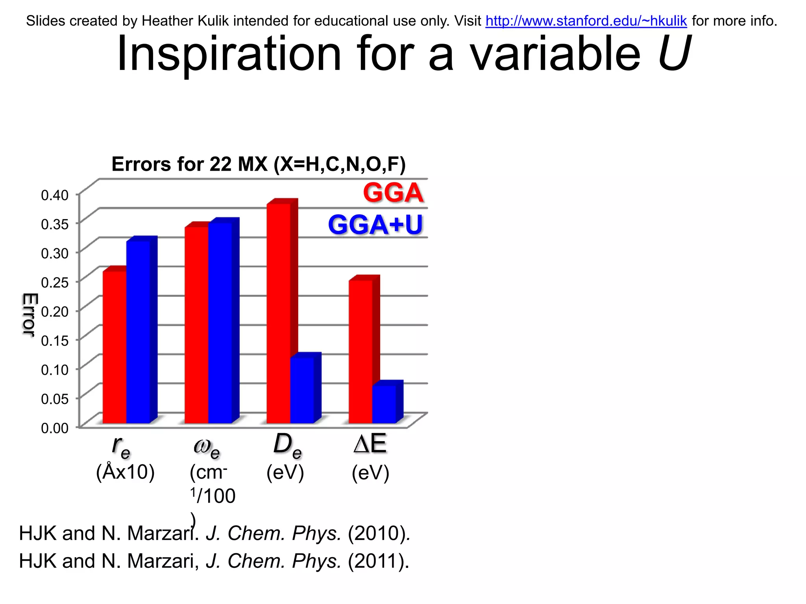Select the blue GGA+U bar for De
tap(302, 389)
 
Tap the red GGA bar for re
tap(115, 346)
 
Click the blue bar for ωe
tap(220, 322)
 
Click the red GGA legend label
tap(393, 193)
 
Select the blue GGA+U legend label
tap(375, 225)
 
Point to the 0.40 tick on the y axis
tap(55, 195)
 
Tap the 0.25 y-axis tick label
tap(55, 282)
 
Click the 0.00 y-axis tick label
tap(55, 428)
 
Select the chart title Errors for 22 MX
tap(258, 164)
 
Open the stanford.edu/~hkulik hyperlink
tap(586, 21)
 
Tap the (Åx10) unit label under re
tap(125, 472)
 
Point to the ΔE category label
tap(370, 444)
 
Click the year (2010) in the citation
tap(379, 533)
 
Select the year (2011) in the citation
tap(378, 561)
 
